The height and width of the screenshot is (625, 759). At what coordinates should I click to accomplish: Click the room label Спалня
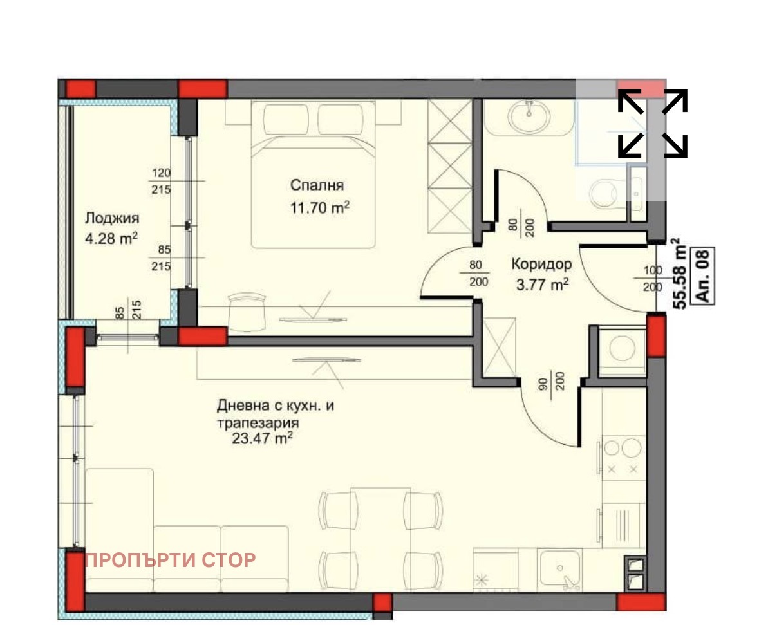point(317,185)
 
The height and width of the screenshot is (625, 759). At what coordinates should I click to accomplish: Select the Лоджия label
point(111,218)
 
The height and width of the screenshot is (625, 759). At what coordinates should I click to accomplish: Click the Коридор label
point(541,263)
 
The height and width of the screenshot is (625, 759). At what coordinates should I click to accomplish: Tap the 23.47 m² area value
point(264,440)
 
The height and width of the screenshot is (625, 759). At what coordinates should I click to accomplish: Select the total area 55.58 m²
point(677,274)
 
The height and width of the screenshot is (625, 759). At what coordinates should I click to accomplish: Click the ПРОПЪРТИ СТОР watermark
point(170,560)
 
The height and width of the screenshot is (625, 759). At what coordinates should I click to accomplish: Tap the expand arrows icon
point(652,123)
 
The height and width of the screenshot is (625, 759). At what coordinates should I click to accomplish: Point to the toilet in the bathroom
point(603,192)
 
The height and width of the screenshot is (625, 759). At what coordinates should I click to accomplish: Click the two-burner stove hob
point(623,457)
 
